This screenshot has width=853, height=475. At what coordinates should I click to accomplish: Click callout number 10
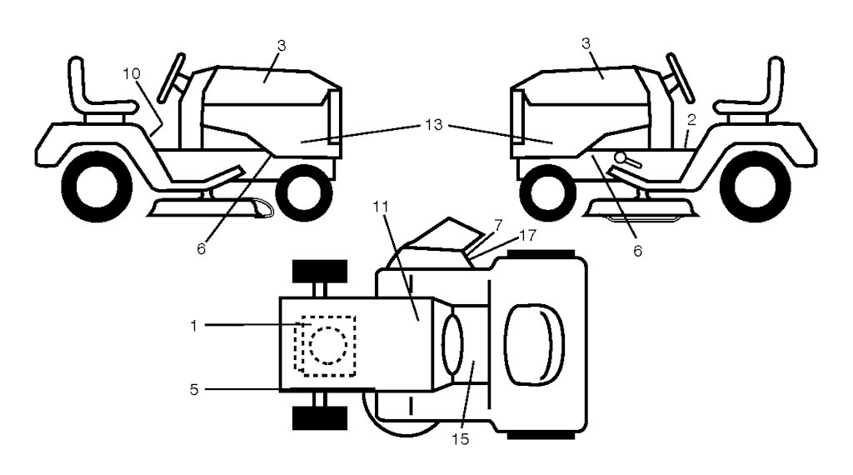132,73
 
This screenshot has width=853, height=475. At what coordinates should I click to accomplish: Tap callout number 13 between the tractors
433,125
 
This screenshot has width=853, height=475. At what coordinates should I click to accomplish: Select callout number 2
691,120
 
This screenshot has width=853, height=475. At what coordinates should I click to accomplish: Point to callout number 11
381,207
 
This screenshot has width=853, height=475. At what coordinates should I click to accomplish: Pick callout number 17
527,236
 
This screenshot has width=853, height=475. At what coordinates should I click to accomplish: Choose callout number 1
193,326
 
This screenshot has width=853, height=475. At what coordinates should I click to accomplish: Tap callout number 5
194,389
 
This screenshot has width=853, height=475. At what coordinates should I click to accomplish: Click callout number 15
460,439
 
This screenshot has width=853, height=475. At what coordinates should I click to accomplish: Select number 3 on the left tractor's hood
282,46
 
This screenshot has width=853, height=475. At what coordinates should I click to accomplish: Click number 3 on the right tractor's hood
586,43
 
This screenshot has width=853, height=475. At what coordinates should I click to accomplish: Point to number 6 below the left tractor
202,249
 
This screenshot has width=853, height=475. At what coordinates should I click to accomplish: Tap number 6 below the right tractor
637,251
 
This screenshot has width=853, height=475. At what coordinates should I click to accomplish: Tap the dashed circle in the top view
328,346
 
